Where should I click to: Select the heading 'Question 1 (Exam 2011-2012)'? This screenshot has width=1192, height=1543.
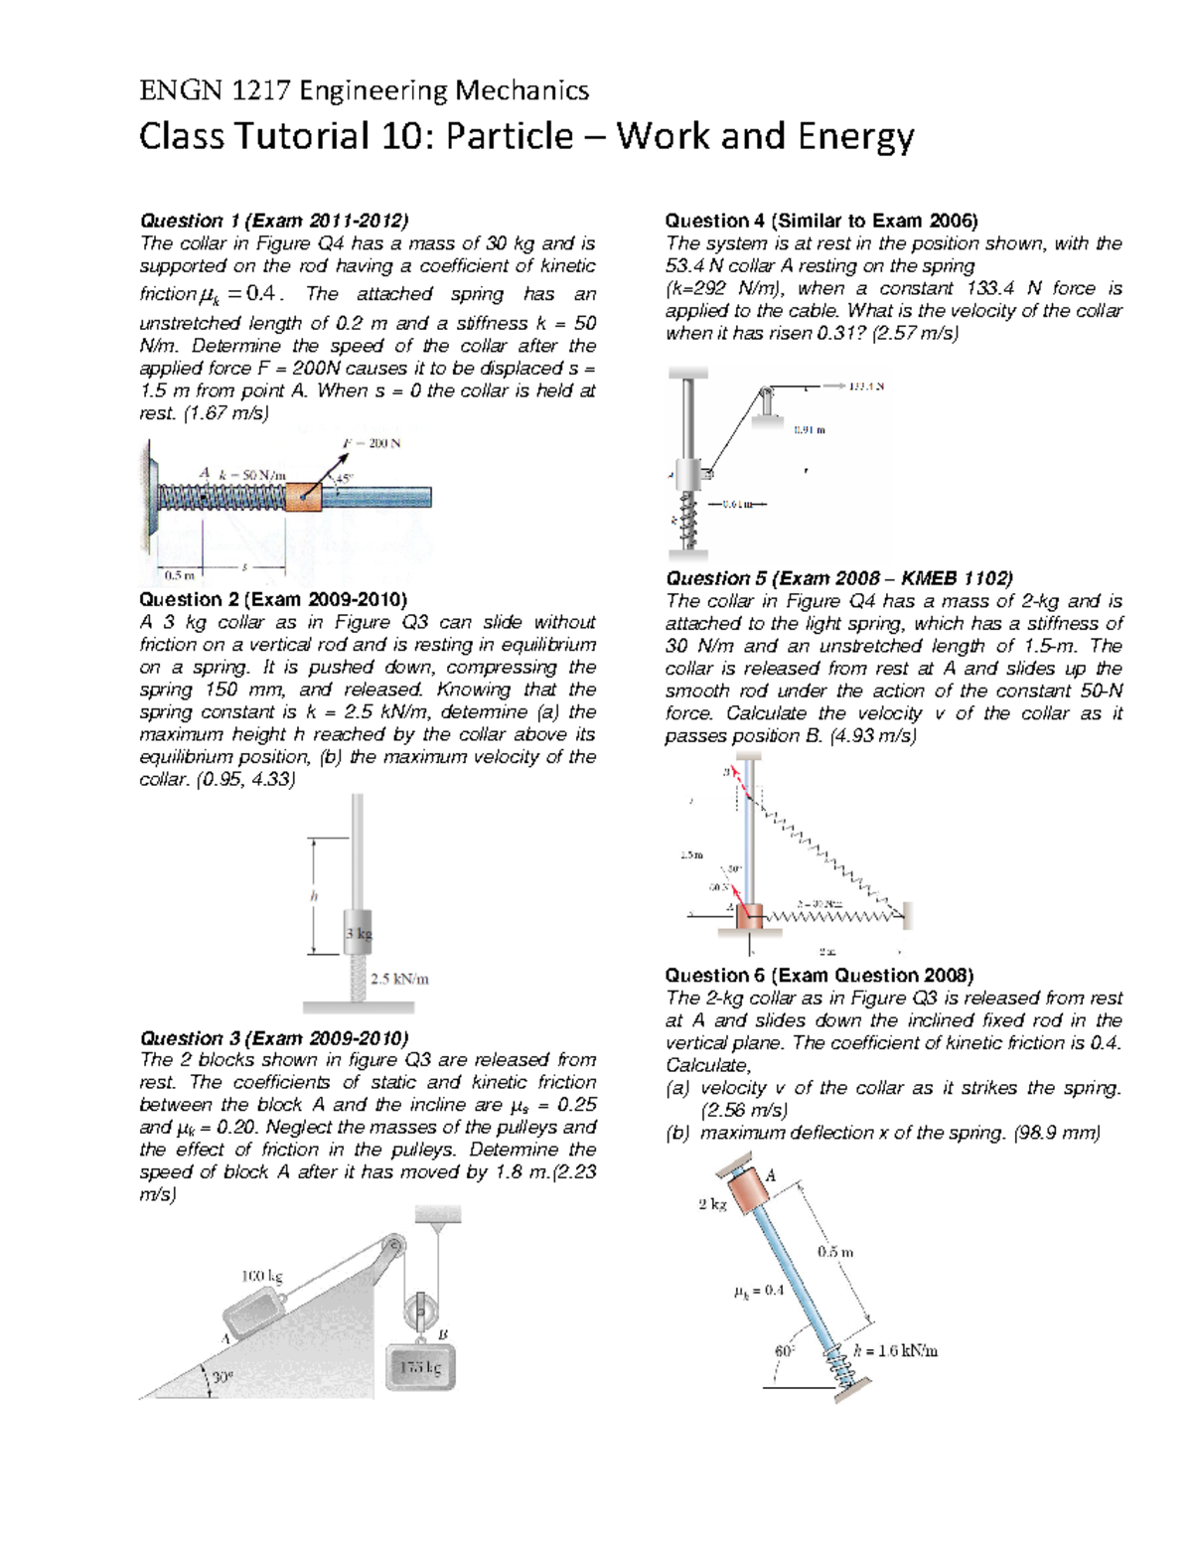(x=273, y=221)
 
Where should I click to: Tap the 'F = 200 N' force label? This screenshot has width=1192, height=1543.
(x=371, y=444)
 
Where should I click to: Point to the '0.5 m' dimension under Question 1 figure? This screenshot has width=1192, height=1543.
(x=180, y=574)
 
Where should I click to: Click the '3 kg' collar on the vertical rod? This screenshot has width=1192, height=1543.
(x=358, y=933)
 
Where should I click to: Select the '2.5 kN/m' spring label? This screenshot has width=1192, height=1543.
(x=398, y=979)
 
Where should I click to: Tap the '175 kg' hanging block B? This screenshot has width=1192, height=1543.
(x=420, y=1368)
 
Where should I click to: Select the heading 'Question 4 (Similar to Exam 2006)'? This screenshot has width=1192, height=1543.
(x=820, y=221)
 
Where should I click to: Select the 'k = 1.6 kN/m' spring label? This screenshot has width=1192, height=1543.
(x=895, y=1350)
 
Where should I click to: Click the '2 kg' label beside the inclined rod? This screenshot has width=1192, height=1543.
(x=712, y=1204)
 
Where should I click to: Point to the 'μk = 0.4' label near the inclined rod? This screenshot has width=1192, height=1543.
(x=758, y=1292)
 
